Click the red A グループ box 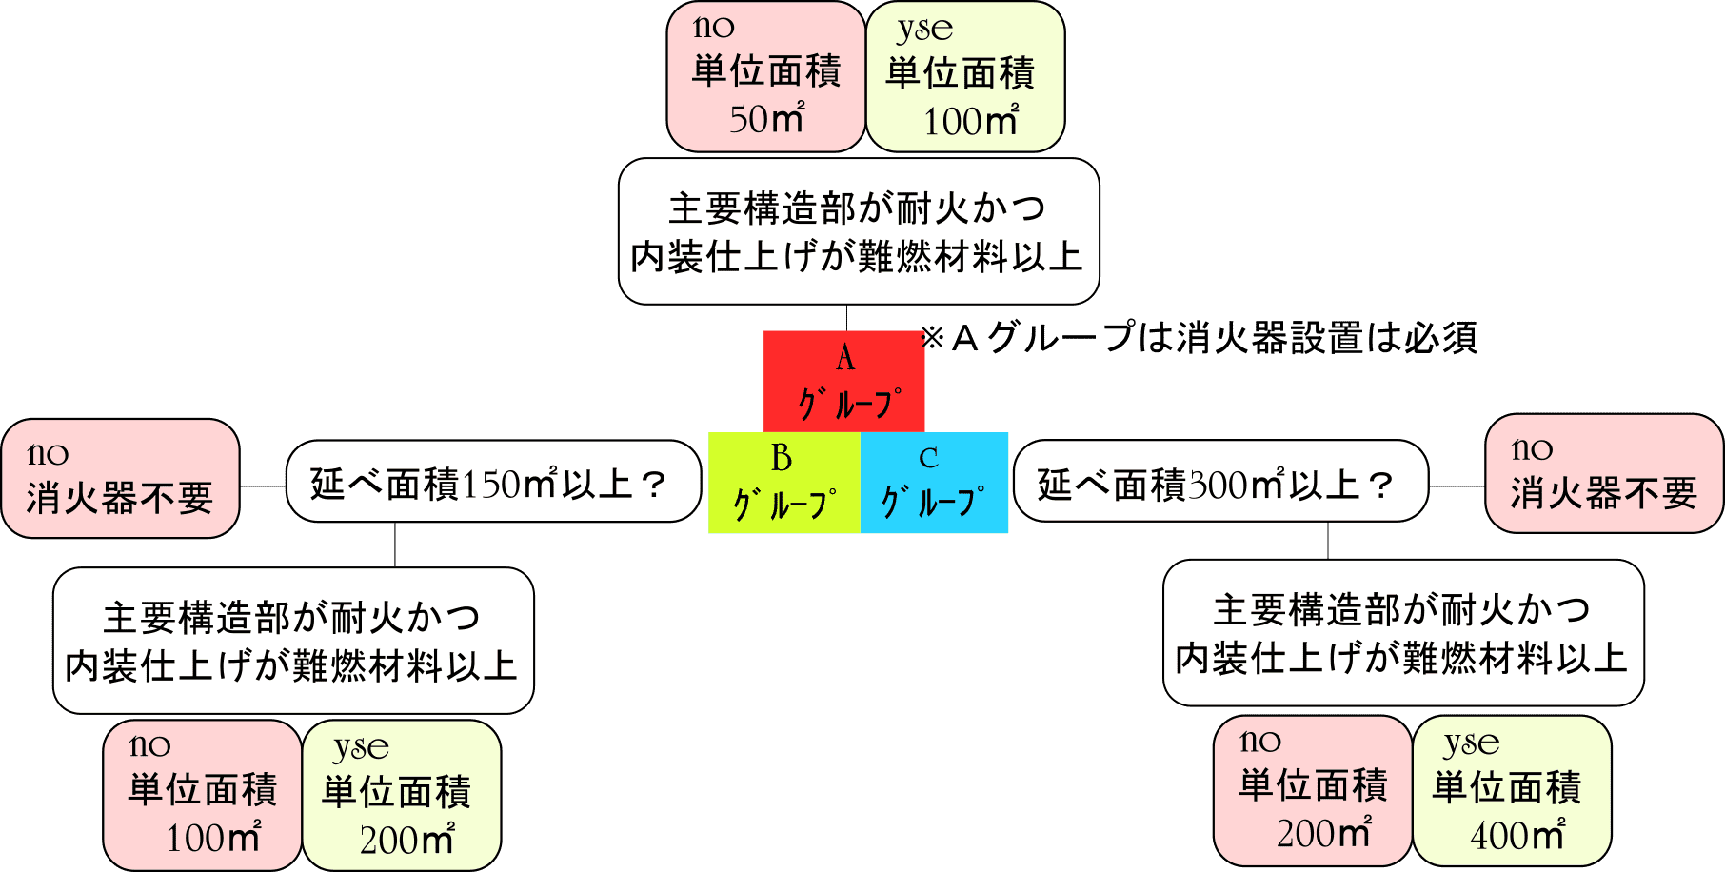pyautogui.click(x=843, y=382)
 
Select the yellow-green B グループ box pyautogui.click(x=783, y=483)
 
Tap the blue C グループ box pyautogui.click(x=934, y=483)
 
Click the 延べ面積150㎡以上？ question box pyautogui.click(x=492, y=482)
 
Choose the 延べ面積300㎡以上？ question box pyautogui.click(x=1219, y=482)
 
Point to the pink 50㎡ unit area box pyautogui.click(x=765, y=76)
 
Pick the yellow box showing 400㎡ pyautogui.click(x=1512, y=791)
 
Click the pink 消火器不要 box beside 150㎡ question pyautogui.click(x=120, y=479)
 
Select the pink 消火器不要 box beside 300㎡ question pyautogui.click(x=1603, y=474)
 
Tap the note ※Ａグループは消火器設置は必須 pyautogui.click(x=1199, y=338)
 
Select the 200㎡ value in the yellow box pyautogui.click(x=406, y=840)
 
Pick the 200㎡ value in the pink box pyautogui.click(x=1323, y=833)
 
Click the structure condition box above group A pyautogui.click(x=858, y=231)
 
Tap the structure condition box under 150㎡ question pyautogui.click(x=293, y=641)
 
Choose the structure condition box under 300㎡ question pyautogui.click(x=1403, y=633)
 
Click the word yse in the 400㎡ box pyautogui.click(x=1471, y=743)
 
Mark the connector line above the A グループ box pyautogui.click(x=846, y=318)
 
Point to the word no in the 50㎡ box pyautogui.click(x=714, y=27)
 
